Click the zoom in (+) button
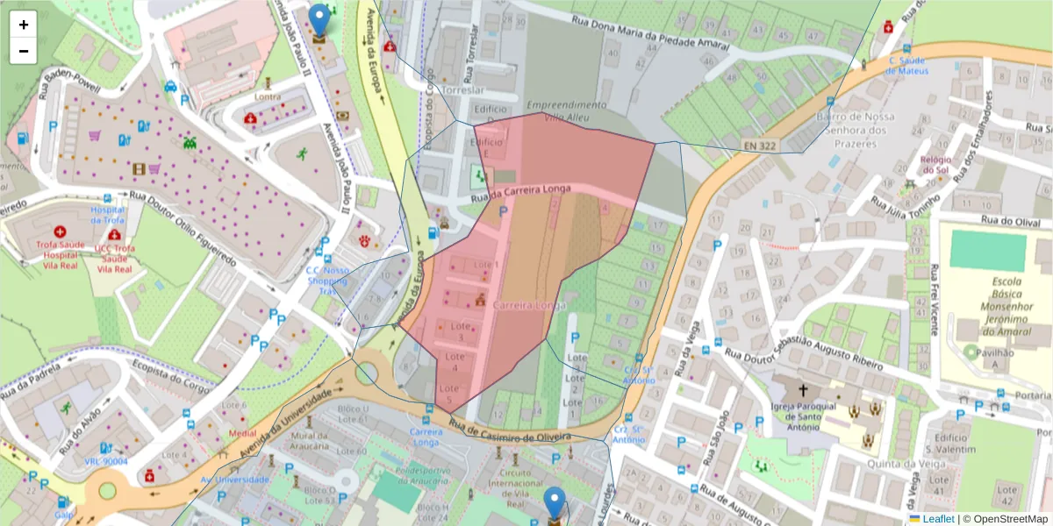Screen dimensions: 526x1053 (x=24, y=25)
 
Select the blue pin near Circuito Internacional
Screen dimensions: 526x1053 (x=555, y=504)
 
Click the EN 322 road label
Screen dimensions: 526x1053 (x=759, y=145)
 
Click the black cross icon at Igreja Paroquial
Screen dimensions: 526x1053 (x=802, y=388)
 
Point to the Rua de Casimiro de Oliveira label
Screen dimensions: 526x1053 (x=510, y=431)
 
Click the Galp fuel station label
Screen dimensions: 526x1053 (x=63, y=515)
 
